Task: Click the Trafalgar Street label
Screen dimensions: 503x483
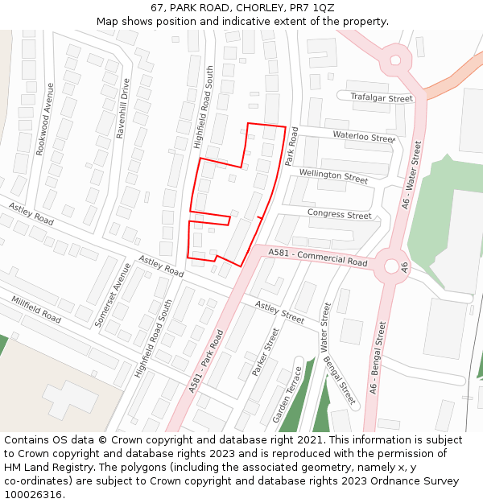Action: (x=381, y=97)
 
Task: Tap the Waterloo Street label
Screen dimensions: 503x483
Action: (x=363, y=137)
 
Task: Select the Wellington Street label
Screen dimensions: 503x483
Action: (x=333, y=175)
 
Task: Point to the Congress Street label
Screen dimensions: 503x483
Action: (x=339, y=214)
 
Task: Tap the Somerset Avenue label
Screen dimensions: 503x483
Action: (x=112, y=294)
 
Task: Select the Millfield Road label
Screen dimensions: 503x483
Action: (x=36, y=310)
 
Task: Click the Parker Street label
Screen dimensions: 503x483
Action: (x=265, y=351)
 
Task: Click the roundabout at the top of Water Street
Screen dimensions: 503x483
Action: (x=394, y=59)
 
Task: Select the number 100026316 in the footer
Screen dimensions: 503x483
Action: (x=33, y=495)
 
